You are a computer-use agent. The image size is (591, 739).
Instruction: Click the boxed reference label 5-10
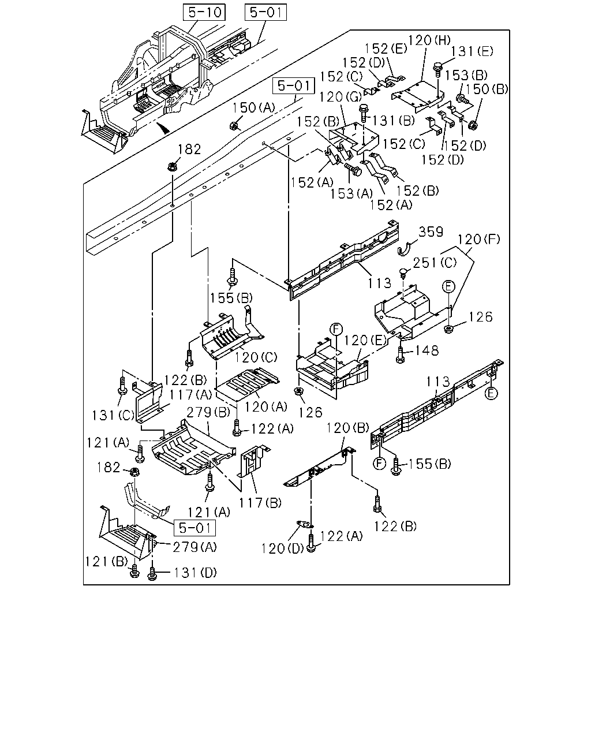coord(204,13)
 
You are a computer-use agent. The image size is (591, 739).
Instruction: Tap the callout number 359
coord(431,232)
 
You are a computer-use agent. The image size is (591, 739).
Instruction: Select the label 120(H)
coord(429,40)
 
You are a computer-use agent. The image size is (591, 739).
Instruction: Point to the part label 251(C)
coord(435,263)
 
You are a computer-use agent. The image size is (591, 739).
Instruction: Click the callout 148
coord(427,350)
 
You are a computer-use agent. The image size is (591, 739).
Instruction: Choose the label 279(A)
coord(194,547)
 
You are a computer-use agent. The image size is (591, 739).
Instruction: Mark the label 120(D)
coord(283,548)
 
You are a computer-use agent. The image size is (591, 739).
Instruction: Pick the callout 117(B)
coord(260,503)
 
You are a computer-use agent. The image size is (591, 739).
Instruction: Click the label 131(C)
coord(113,416)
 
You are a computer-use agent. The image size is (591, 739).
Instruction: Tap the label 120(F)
coord(478,239)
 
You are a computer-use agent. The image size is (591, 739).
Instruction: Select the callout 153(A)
coord(351,193)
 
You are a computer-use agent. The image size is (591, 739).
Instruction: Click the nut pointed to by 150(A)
coord(234,126)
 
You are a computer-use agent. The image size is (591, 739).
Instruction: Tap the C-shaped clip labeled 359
coord(405,249)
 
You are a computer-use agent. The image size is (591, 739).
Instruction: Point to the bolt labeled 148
coord(400,354)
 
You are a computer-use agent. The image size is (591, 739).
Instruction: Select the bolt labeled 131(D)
coord(152,573)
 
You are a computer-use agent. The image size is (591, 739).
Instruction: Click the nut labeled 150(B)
coord(473,125)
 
